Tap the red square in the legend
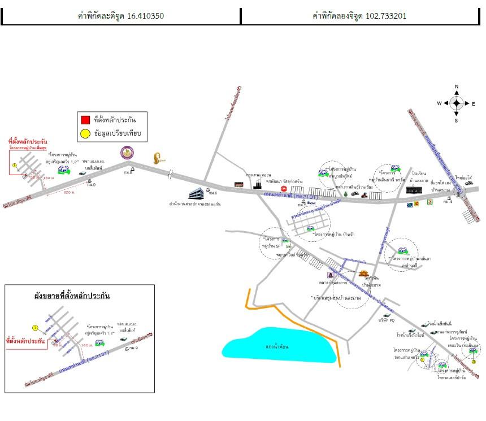(x=85, y=120)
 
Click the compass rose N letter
(x=457, y=87)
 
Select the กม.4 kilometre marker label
(x=448, y=202)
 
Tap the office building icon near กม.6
(x=196, y=193)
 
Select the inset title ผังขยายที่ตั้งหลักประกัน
(x=71, y=296)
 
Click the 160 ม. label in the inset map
(x=86, y=344)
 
